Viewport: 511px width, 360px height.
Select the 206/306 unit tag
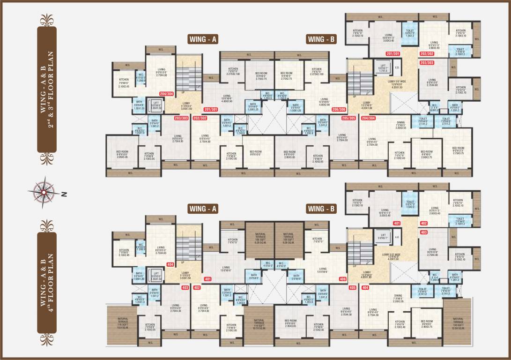338,110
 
